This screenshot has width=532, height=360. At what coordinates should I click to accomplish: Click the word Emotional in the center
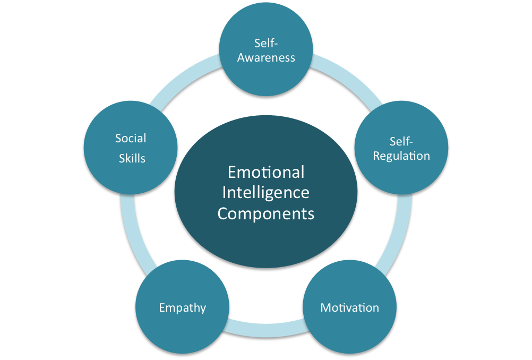pyautogui.click(x=266, y=172)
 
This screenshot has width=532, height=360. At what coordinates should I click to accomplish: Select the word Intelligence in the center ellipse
pyautogui.click(x=266, y=192)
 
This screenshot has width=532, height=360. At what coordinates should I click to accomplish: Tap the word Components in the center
pyautogui.click(x=266, y=213)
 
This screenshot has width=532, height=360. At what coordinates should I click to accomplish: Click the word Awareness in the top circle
pyautogui.click(x=266, y=58)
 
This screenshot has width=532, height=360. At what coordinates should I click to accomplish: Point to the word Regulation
pyautogui.click(x=401, y=156)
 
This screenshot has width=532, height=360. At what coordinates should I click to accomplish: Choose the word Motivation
pyautogui.click(x=350, y=307)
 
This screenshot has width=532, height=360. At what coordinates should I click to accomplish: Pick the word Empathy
pyautogui.click(x=183, y=307)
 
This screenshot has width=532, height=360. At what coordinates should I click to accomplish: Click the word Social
pyautogui.click(x=131, y=139)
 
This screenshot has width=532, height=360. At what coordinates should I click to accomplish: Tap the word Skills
pyautogui.click(x=132, y=158)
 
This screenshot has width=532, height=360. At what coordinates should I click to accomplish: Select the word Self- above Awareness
pyautogui.click(x=266, y=44)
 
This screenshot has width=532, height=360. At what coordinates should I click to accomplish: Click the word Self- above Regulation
pyautogui.click(x=401, y=141)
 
